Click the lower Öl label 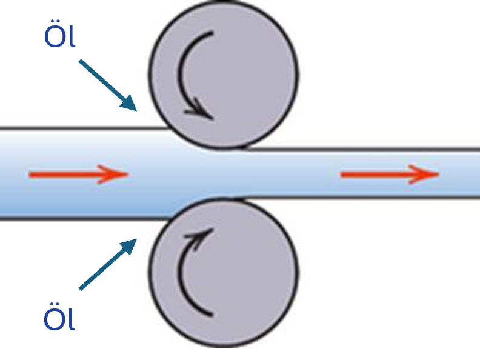[x=59, y=316]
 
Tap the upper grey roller [x=224, y=75]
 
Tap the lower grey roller [x=224, y=273]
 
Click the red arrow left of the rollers [x=79, y=175]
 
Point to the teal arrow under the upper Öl [x=108, y=85]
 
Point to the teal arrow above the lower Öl [x=108, y=264]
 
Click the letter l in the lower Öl [x=72, y=318]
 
